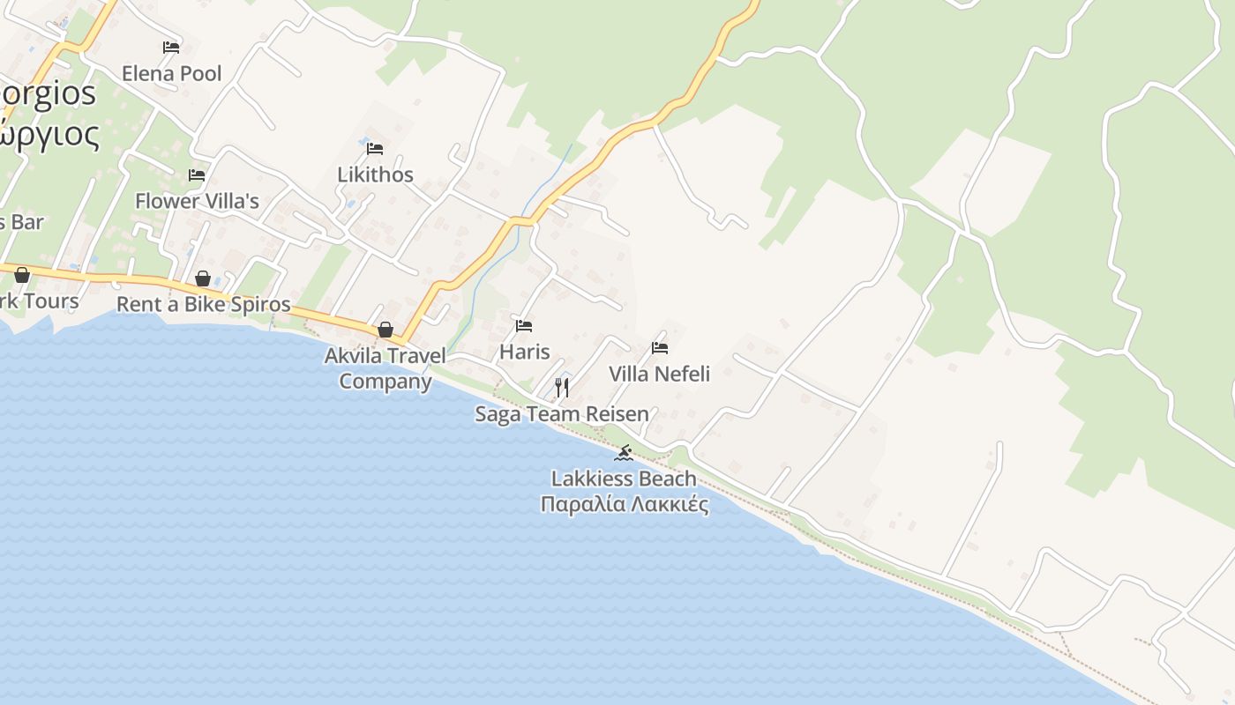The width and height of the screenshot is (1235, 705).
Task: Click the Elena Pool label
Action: (x=171, y=73)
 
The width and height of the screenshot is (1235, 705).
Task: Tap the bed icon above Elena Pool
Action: (x=171, y=47)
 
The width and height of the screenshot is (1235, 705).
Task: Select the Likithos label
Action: (x=375, y=174)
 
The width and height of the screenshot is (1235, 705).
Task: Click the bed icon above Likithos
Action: (x=375, y=148)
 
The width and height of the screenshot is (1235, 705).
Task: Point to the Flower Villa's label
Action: (x=197, y=201)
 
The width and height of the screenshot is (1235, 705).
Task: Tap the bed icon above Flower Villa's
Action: (x=197, y=175)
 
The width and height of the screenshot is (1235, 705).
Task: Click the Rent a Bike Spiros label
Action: (x=203, y=305)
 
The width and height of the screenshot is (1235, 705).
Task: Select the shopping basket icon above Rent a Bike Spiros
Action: (x=203, y=278)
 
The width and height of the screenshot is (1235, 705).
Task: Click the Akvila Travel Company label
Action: (x=385, y=369)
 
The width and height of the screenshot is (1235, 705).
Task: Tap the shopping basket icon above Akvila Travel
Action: (x=385, y=330)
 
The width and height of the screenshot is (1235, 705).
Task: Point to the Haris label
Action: (x=524, y=352)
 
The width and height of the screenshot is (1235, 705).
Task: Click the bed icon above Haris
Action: (x=524, y=326)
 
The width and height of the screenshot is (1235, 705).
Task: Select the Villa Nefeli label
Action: (x=659, y=374)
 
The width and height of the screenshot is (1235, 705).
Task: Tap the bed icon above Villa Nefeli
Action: (x=659, y=348)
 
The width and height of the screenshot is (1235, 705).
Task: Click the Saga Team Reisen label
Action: (x=562, y=413)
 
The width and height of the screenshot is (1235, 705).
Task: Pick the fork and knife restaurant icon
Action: (x=562, y=387)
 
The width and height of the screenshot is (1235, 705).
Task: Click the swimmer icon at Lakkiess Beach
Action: (x=624, y=453)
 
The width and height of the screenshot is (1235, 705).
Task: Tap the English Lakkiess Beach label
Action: (x=624, y=479)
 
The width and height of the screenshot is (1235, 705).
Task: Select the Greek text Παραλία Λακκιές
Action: (x=624, y=504)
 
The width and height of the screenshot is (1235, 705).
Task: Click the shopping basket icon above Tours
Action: (x=22, y=275)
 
